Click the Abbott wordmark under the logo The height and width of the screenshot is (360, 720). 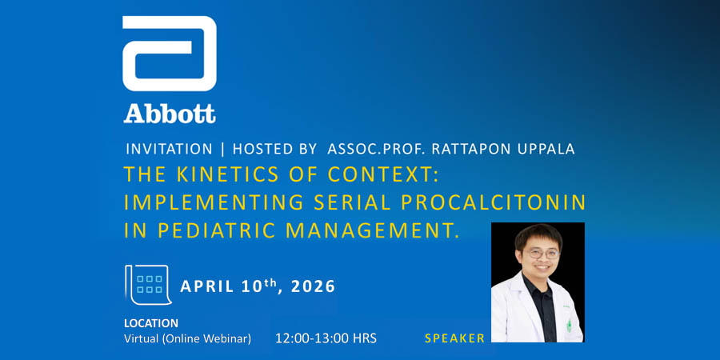(169, 113)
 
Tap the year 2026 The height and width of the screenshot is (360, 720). (308, 286)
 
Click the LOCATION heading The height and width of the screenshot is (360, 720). (151, 323)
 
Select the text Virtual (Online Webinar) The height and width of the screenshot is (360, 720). (187, 338)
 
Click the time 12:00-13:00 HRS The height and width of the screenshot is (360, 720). (326, 338)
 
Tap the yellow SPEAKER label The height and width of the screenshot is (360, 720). (454, 338)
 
